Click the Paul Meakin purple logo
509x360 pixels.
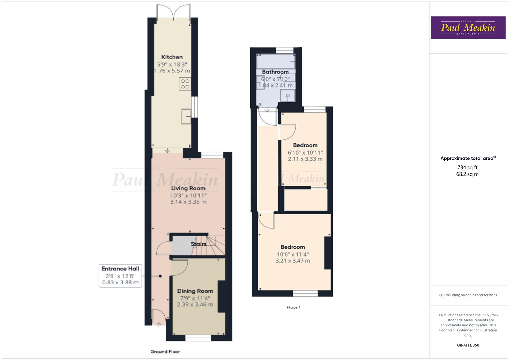(468, 28)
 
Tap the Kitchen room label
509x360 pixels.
(172, 57)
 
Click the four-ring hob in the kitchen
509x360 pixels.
(185, 84)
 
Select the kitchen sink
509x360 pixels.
(186, 116)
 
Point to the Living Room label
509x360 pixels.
(188, 188)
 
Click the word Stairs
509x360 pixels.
(198, 244)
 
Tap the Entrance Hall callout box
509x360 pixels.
(120, 275)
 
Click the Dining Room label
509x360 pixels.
(195, 291)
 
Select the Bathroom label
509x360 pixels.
(275, 72)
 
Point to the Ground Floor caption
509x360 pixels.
(165, 352)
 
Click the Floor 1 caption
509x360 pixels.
(293, 307)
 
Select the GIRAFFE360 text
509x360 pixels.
(468, 345)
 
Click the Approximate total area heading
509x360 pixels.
(467, 158)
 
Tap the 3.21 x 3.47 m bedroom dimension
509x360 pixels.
(293, 261)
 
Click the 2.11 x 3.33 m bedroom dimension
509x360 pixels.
(305, 159)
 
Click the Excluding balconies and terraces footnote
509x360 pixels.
(468, 295)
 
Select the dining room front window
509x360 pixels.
(198, 338)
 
